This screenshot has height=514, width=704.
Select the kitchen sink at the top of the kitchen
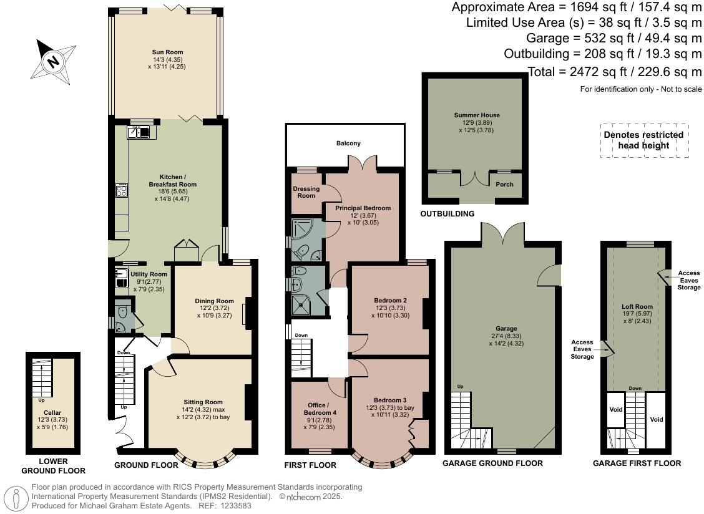[139, 132]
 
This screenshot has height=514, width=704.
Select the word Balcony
[348, 143]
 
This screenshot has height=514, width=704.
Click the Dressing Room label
[306, 192]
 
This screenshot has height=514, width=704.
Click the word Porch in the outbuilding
[504, 185]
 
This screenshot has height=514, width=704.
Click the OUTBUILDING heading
[447, 214]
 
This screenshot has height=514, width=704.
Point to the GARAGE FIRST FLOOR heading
[637, 463]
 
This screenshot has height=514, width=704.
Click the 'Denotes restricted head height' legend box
[643, 140]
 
